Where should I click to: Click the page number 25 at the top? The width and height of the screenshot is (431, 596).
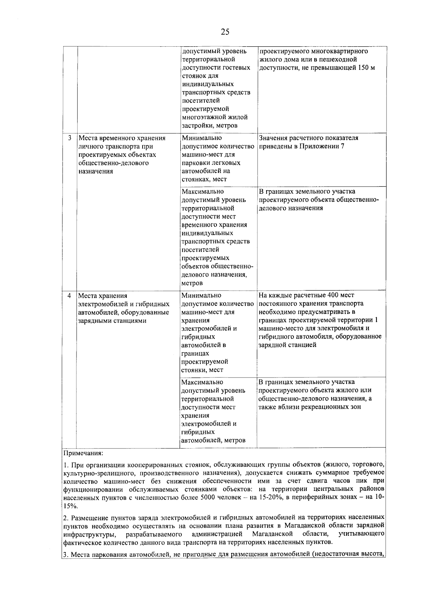point(225,32)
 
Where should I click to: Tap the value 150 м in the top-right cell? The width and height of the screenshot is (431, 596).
point(367,68)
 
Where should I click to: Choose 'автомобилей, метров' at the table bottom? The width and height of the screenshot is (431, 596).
point(213,440)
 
